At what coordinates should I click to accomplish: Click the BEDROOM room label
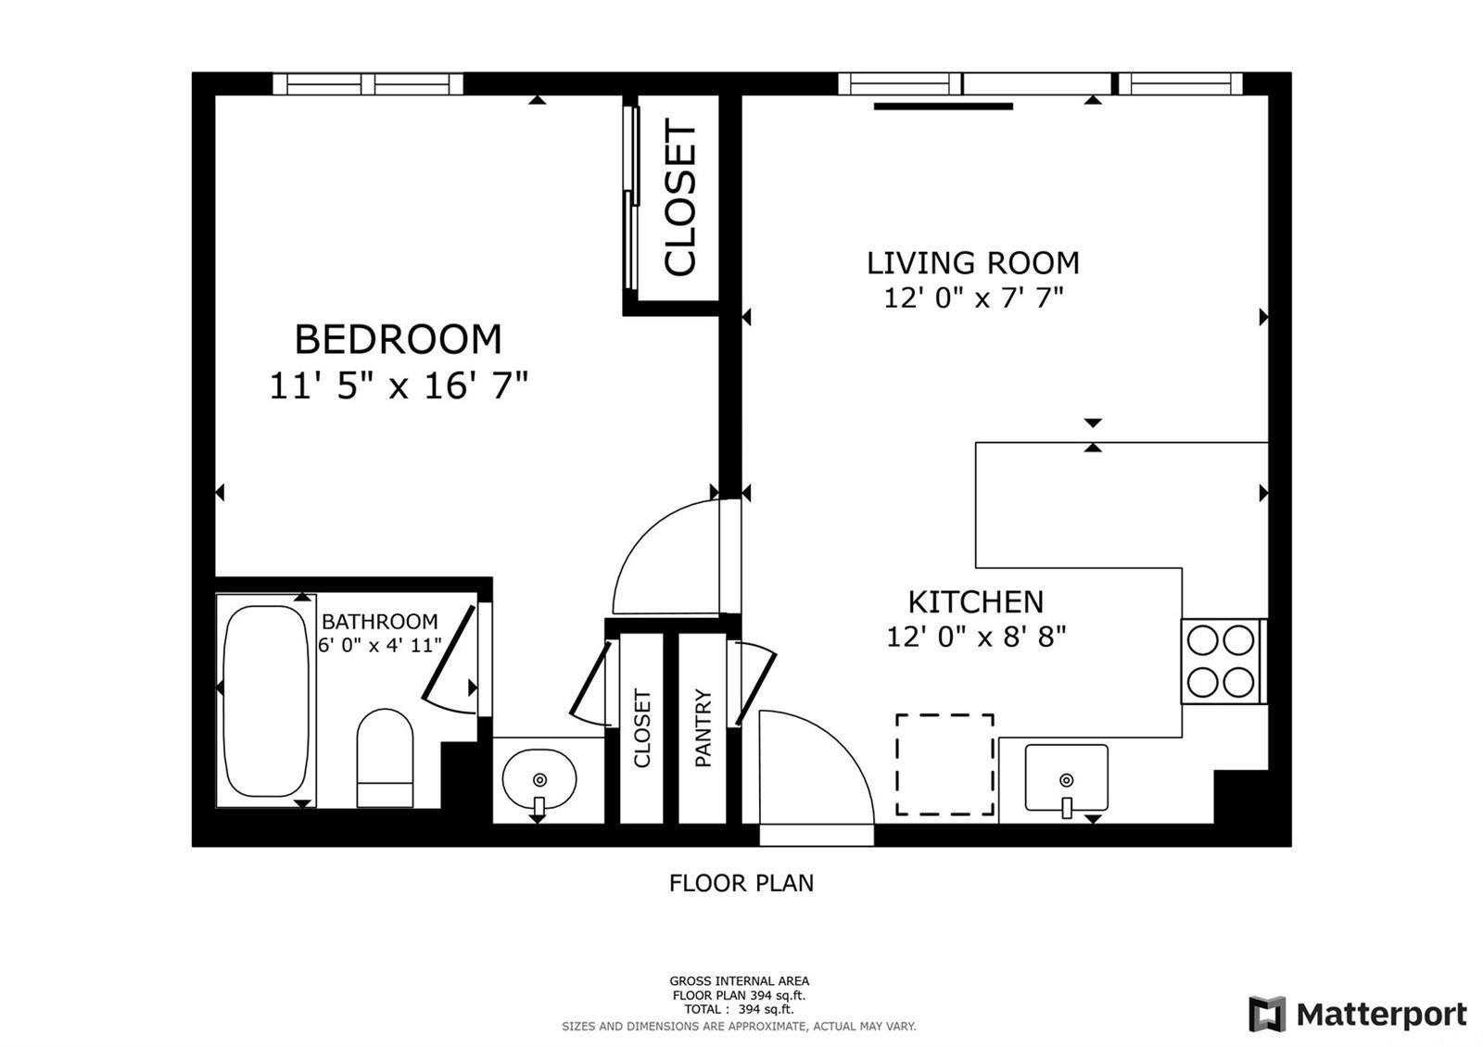(398, 340)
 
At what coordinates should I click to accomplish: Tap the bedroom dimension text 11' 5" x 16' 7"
(398, 385)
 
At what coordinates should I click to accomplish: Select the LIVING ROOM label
(972, 263)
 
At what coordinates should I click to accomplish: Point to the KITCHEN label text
(975, 602)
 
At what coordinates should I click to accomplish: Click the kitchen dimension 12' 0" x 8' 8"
(976, 637)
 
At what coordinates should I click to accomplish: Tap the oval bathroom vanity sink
(539, 779)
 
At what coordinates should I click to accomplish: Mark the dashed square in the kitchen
(944, 764)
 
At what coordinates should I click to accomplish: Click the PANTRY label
(703, 728)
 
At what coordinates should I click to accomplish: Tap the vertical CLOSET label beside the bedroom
(679, 199)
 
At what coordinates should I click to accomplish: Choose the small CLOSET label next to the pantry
(642, 728)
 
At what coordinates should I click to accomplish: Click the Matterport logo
(1357, 1014)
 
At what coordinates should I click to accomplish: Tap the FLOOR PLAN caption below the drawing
(741, 883)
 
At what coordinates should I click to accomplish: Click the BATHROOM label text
(379, 622)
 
